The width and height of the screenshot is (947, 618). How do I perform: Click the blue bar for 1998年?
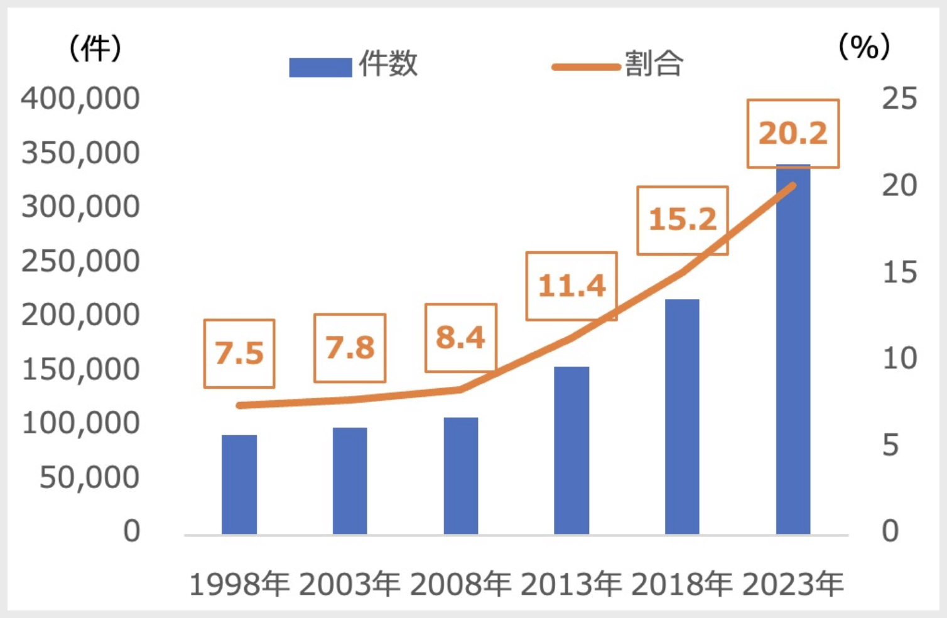point(239,484)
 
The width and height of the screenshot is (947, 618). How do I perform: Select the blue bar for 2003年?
point(350,480)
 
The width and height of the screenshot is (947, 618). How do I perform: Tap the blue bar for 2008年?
point(461,475)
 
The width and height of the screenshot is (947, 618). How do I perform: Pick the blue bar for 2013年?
point(571,450)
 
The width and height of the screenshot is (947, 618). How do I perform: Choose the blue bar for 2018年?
point(682,416)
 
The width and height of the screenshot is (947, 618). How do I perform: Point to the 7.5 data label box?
point(239,354)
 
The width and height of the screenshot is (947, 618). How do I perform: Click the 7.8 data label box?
point(350,348)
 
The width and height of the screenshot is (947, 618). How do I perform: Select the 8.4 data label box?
point(461,338)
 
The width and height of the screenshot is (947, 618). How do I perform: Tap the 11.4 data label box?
point(571,286)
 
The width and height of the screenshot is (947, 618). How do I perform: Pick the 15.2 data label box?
point(683,220)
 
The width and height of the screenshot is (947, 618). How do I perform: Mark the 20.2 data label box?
point(793,134)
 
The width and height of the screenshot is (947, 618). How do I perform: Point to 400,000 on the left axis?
point(80,99)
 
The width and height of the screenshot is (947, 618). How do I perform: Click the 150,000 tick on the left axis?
point(80,370)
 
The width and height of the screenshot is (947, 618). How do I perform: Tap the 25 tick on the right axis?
point(899,99)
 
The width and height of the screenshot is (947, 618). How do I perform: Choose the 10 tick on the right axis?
point(899,359)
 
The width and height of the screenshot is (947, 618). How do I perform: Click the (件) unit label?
point(95,48)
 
